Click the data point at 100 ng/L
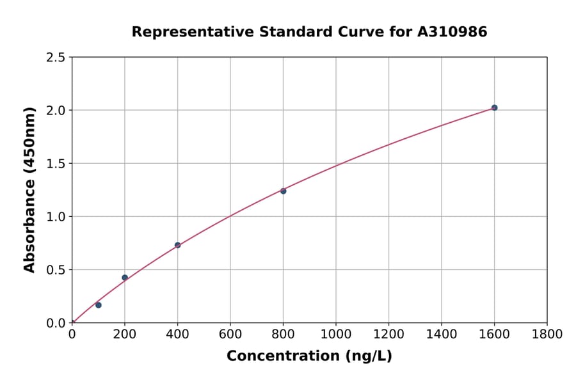point(99,305)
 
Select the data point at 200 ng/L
point(125,278)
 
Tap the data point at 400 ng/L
point(177,245)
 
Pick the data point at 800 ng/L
point(283,191)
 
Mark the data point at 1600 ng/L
point(494,107)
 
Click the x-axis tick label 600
point(230,334)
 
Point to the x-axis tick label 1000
point(335,334)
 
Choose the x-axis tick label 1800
point(547,334)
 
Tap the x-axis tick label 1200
point(388,334)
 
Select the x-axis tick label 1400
point(441,334)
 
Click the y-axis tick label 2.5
point(56,58)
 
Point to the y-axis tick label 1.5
point(56,164)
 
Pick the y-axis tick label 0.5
point(56,270)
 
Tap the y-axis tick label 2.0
point(56,111)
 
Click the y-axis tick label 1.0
point(56,217)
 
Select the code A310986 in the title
point(451,31)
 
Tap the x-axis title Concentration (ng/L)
point(309,356)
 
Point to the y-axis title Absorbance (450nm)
point(29,189)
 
